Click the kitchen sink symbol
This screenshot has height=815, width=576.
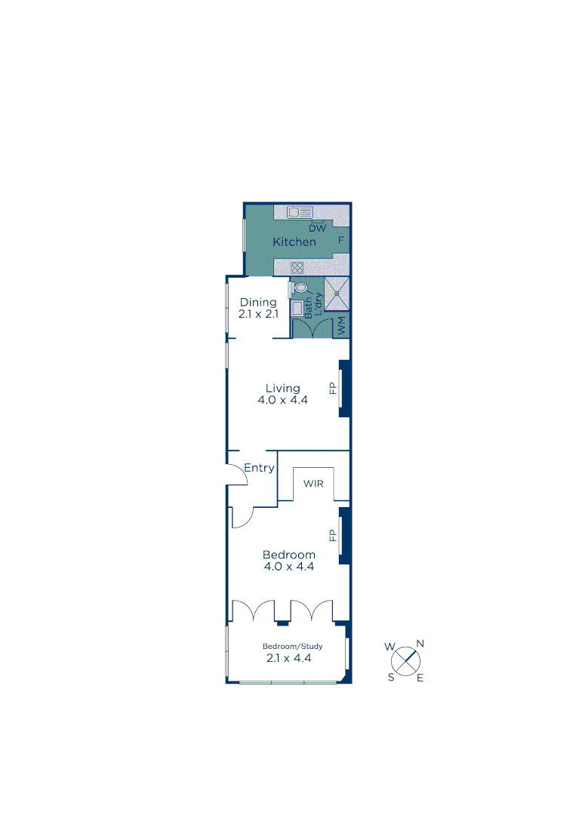click(300, 212)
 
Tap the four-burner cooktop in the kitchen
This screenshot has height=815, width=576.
click(297, 267)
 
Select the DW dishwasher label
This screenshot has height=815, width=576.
click(317, 228)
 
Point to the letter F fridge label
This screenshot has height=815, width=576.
click(341, 241)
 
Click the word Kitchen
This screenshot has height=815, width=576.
click(294, 242)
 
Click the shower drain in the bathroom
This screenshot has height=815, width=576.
click(337, 294)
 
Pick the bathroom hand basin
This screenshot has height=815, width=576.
click(297, 308)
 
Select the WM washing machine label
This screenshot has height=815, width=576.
click(342, 328)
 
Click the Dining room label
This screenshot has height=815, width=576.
click(258, 303)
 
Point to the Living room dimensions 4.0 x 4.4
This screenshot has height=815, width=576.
click(282, 401)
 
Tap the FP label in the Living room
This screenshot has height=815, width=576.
click(331, 389)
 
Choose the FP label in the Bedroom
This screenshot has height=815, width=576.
click(331, 535)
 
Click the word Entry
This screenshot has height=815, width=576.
click(259, 468)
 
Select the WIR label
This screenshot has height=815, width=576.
click(313, 484)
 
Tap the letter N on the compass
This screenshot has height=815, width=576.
click(420, 644)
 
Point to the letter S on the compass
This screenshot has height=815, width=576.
click(391, 676)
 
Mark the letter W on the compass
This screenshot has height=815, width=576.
click(390, 647)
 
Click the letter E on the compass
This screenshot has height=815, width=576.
click(420, 678)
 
